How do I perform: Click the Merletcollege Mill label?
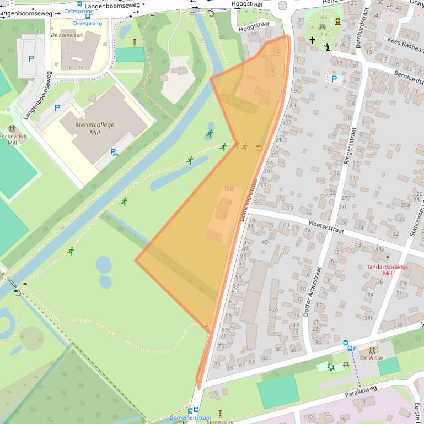(94, 129)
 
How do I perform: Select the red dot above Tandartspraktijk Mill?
(388, 257)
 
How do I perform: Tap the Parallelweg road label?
(362, 388)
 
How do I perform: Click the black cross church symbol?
(312, 40)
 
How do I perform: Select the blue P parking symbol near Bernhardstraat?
(334, 79)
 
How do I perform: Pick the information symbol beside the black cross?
(328, 47)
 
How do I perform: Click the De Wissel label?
(372, 357)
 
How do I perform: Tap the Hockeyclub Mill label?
(10, 139)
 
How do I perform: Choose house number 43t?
(266, 242)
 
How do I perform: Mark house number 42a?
(273, 309)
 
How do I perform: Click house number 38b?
(368, 317)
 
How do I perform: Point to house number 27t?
(342, 207)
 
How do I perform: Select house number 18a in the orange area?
(228, 188)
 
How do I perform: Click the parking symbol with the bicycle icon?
(114, 152)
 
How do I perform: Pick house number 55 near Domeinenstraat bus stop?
(214, 393)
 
